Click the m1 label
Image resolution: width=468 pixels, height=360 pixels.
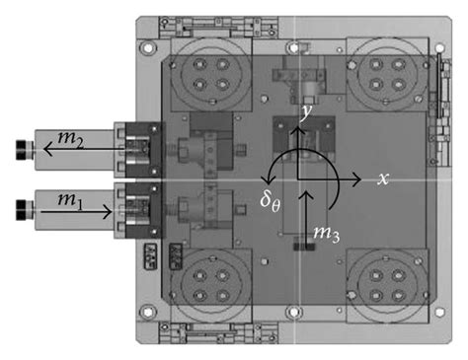[x=70, y=201]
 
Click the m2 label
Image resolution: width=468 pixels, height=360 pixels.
[x=70, y=139]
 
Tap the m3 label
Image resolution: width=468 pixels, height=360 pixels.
[x=326, y=234]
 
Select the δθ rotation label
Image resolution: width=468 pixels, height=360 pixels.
[x=271, y=200]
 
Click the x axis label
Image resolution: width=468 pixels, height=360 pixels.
[x=383, y=179]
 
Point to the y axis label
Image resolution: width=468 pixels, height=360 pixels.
[x=306, y=112]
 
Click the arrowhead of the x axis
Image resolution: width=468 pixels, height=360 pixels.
[x=356, y=180]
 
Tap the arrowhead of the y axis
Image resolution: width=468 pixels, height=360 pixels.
[x=298, y=130]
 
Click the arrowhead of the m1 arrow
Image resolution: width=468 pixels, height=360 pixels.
[x=108, y=212]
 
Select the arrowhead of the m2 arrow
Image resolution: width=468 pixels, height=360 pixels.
[x=48, y=149]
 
